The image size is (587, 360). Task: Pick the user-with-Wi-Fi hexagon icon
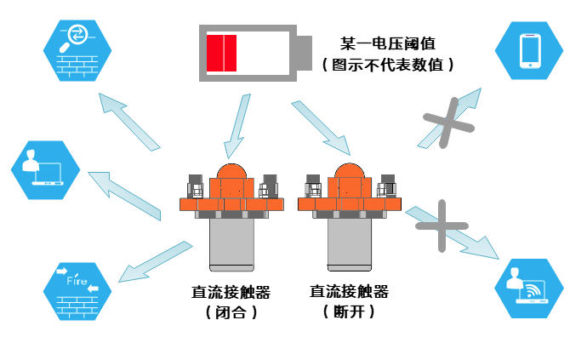click(530, 288)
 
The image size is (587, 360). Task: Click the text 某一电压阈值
click(388, 42)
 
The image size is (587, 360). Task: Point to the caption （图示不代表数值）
click(387, 64)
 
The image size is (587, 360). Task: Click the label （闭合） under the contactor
click(231, 312)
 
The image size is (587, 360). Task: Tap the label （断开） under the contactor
click(350, 312)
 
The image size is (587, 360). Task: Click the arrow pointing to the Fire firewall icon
click(153, 260)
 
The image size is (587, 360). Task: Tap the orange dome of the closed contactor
click(231, 175)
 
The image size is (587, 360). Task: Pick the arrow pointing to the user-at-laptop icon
click(123, 193)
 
